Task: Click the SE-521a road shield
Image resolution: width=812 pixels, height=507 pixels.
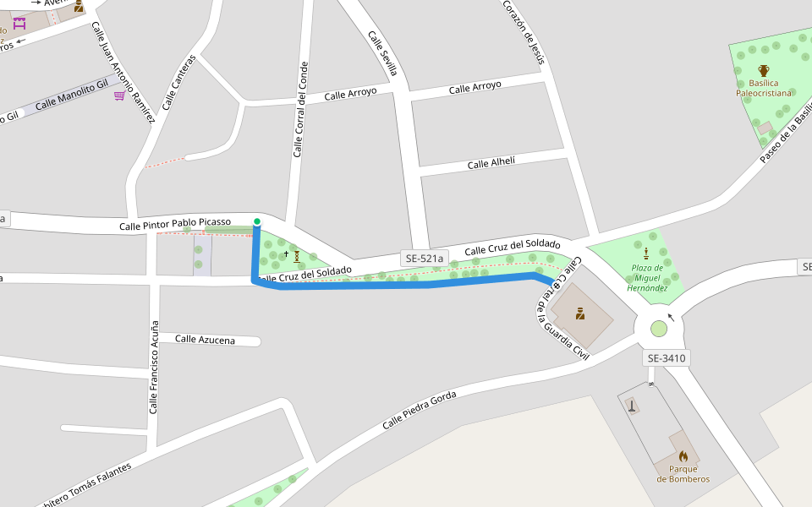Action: [x=424, y=259]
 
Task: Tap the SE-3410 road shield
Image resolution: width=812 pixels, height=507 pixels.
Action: [x=667, y=358]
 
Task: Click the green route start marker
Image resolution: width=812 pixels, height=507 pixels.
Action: [x=257, y=221]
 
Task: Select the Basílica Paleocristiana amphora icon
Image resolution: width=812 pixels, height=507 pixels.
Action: [x=764, y=70]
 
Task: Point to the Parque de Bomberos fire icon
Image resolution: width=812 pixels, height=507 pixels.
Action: [x=683, y=455]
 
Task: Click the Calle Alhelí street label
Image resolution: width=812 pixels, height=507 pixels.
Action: [x=491, y=162]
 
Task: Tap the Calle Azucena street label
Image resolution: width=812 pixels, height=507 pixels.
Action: [x=205, y=339]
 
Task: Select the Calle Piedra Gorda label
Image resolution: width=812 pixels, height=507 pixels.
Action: [x=420, y=409]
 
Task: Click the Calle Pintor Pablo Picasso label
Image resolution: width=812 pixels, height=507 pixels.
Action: [x=175, y=224]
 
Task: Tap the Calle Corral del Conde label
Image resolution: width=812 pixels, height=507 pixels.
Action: [x=300, y=110]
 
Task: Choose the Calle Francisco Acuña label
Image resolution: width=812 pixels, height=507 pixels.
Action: [x=153, y=367]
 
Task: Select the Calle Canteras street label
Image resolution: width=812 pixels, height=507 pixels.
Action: [x=178, y=83]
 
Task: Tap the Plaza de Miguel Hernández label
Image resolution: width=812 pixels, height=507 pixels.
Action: [x=647, y=278]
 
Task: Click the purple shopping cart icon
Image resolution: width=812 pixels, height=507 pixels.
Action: [x=119, y=95]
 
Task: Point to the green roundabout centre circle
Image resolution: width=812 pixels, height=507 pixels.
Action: [x=659, y=329]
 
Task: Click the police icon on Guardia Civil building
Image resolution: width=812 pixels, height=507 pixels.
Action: [x=580, y=314]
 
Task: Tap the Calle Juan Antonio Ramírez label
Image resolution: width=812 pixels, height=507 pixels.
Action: [x=123, y=72]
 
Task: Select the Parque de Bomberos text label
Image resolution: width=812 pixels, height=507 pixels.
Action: [x=683, y=474]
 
